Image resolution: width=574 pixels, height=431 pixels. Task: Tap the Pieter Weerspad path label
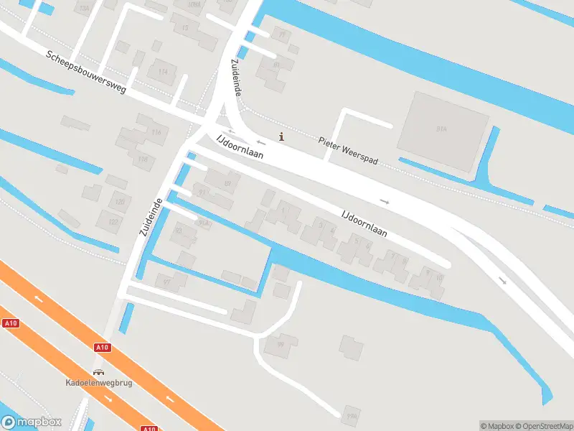pyautogui.click(x=348, y=147)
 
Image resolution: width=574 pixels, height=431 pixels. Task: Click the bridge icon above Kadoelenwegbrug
pyautogui.click(x=98, y=371)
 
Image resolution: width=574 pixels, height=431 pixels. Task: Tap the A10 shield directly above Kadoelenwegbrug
pyautogui.click(x=102, y=348)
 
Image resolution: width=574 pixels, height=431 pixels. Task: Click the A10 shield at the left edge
pyautogui.click(x=10, y=323)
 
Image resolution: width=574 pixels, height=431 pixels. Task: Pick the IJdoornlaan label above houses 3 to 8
pyautogui.click(x=364, y=223)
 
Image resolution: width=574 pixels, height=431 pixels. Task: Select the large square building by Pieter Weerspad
pyautogui.click(x=442, y=131)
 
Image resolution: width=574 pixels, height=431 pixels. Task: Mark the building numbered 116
pyautogui.click(x=142, y=159)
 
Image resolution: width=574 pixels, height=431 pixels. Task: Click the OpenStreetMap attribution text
pyautogui.click(x=545, y=426)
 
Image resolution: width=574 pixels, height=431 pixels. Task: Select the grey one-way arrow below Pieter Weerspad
pyautogui.click(x=385, y=202)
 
